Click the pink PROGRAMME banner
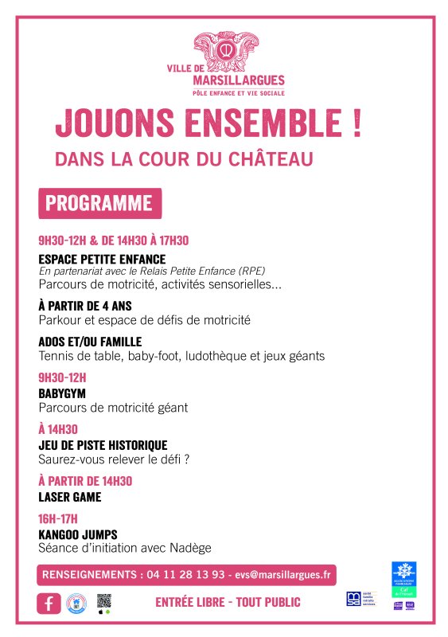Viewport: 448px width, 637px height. (99, 203)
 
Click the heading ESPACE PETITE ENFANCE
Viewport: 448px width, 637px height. (102, 259)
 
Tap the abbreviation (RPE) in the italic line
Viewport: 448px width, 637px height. (251, 271)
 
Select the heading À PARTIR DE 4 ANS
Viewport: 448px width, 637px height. (84, 306)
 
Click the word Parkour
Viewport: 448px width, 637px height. (60, 320)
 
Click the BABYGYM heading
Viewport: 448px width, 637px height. (62, 393)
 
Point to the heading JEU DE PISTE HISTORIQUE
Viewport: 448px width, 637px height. (103, 445)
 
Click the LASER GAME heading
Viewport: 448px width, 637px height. (70, 497)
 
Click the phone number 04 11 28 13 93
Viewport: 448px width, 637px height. (185, 574)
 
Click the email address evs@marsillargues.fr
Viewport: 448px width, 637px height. (283, 574)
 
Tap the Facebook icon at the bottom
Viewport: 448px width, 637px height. (49, 604)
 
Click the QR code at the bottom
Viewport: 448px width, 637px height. (103, 601)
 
